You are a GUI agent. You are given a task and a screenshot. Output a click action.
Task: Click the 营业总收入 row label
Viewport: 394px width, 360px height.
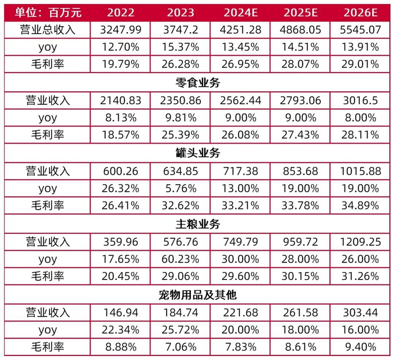tap(48, 31)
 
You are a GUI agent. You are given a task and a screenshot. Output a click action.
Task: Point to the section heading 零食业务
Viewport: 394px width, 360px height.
tap(197, 83)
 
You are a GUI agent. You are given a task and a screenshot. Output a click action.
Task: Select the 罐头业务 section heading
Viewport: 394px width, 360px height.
tap(197, 153)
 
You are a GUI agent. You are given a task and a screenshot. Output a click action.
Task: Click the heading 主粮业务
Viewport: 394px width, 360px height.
tap(197, 224)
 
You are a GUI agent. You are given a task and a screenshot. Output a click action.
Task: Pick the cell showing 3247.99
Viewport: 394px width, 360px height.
tap(119, 31)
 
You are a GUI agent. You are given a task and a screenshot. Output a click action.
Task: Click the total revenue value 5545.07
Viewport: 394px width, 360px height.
tap(358, 31)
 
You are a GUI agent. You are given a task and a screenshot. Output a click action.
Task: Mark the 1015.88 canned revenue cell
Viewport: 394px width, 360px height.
tap(358, 171)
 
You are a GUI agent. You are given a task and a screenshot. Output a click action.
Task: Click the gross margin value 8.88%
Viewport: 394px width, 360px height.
tap(119, 347)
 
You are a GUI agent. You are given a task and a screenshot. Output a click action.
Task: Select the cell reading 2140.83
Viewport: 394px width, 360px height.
tap(119, 100)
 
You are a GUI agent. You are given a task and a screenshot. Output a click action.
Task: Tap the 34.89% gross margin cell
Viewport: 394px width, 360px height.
tap(358, 206)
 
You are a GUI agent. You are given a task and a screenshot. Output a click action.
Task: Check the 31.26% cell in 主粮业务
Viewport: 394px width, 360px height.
tap(358, 277)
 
